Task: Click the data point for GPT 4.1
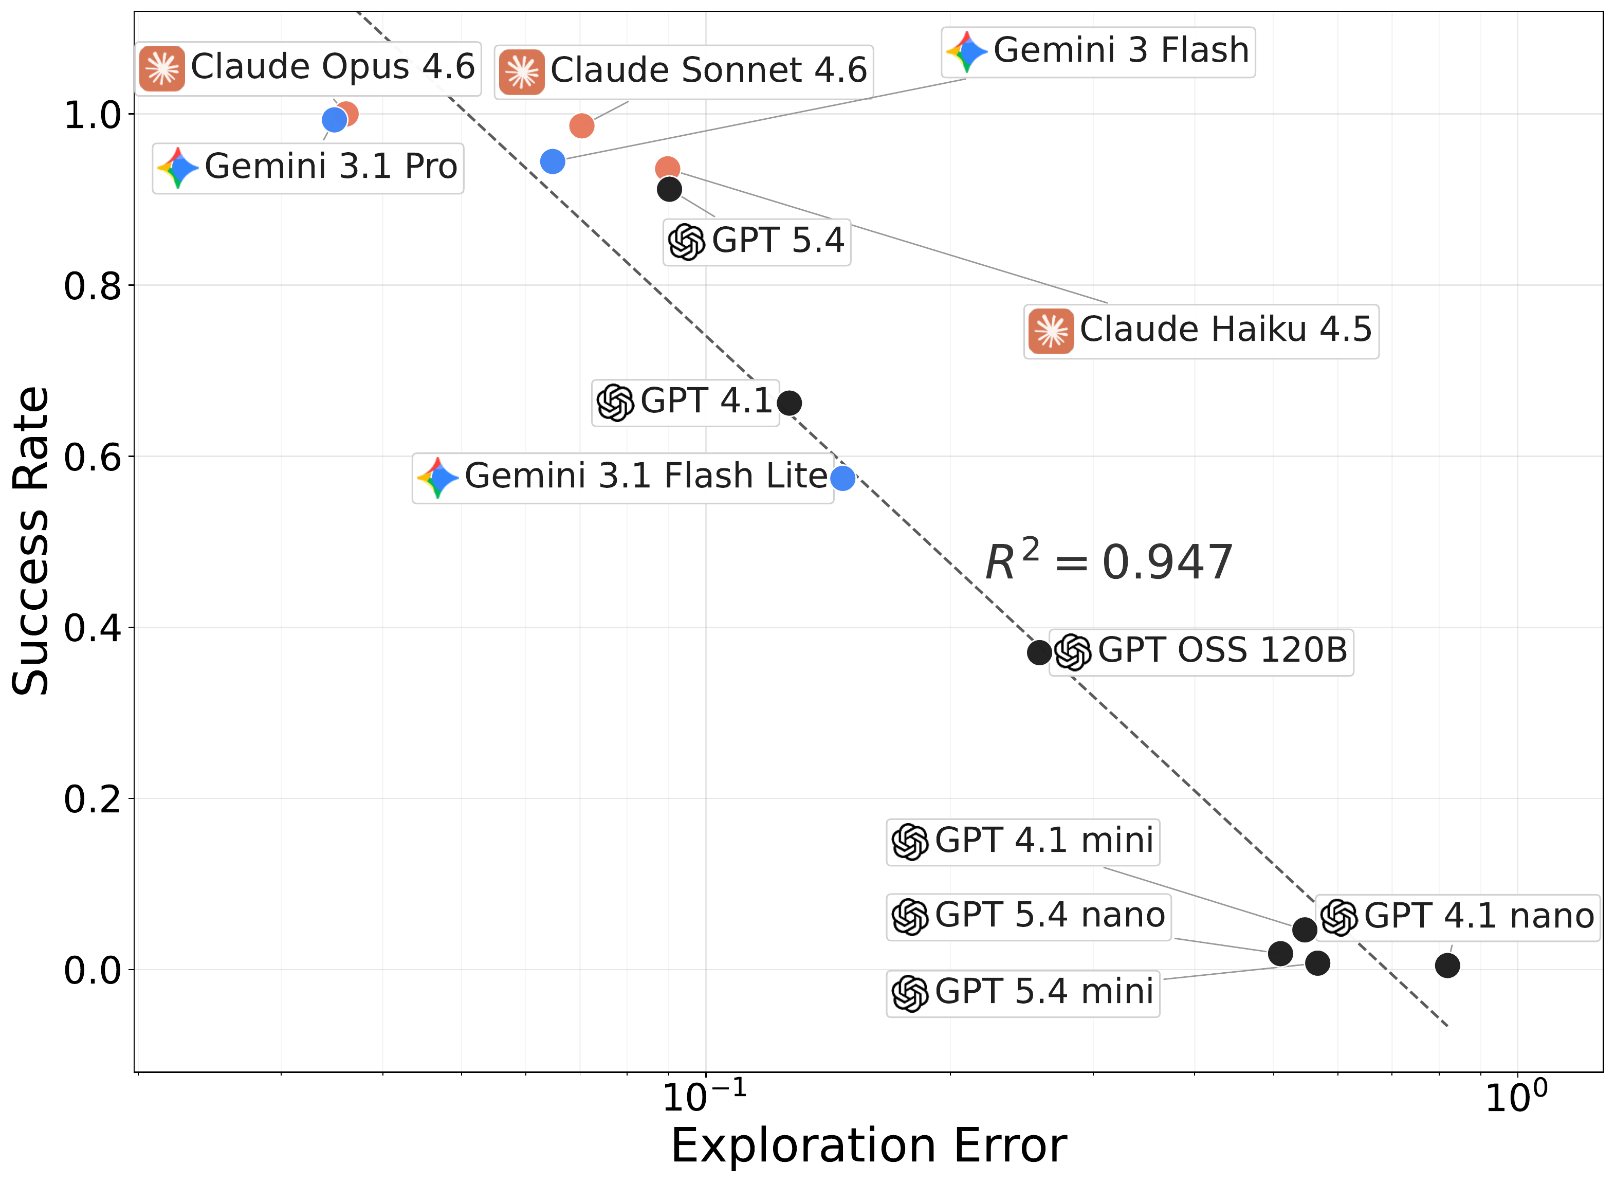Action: click(x=789, y=403)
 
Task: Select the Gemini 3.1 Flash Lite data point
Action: click(x=842, y=478)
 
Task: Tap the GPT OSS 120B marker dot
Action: click(x=1039, y=652)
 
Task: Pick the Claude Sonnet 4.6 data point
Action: click(x=581, y=126)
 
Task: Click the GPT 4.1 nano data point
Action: click(x=1447, y=966)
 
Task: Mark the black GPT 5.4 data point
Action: click(x=669, y=190)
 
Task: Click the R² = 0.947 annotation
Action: click(x=1108, y=562)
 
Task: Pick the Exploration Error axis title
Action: click(x=868, y=1146)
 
